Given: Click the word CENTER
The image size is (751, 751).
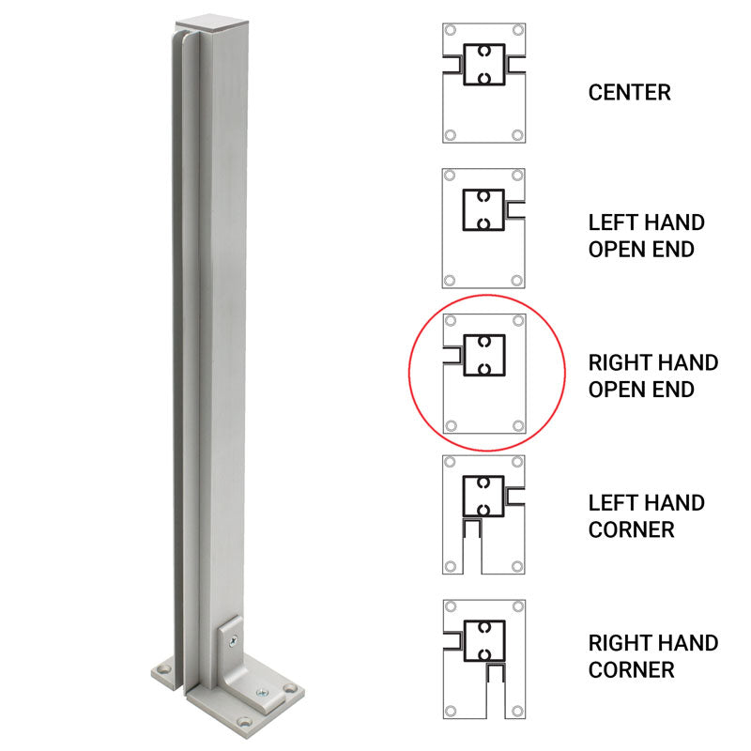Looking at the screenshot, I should (x=629, y=92).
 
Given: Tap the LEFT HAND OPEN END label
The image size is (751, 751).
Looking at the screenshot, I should (x=646, y=236).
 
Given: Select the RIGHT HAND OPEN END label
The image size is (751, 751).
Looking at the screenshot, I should (x=652, y=375).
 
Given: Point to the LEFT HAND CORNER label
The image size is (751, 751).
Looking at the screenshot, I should (x=646, y=515).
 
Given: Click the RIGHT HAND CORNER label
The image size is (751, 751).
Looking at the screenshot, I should (x=652, y=656).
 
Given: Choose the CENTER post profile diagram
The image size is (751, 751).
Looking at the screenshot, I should (x=483, y=84).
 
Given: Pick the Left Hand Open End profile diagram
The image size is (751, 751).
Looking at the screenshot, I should (x=483, y=229).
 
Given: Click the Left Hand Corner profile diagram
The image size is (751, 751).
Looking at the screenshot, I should (x=483, y=513).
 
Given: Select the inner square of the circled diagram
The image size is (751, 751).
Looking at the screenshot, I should (x=484, y=355).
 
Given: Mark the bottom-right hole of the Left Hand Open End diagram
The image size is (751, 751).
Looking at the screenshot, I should (x=517, y=280).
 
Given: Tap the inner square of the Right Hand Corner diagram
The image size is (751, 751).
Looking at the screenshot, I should (x=484, y=640).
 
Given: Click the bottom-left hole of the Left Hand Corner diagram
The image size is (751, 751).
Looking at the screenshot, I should (x=451, y=566).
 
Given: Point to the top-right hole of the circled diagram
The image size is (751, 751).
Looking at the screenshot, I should (x=517, y=322).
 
